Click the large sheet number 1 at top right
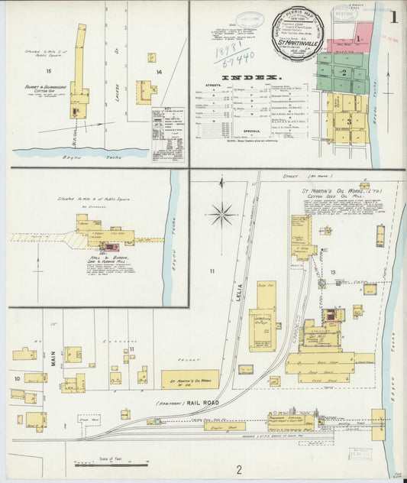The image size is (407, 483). [393, 16]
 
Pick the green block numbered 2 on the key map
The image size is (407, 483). [344, 73]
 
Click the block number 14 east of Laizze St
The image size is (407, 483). [159, 72]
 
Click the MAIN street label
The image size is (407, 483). [53, 358]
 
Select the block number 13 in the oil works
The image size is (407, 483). [332, 272]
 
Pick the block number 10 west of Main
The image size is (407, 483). [16, 378]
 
